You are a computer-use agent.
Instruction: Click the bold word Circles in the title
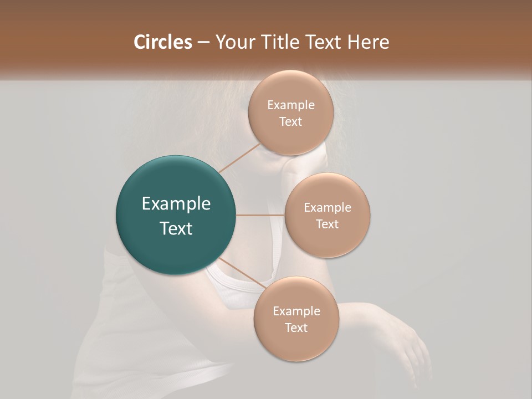(162, 42)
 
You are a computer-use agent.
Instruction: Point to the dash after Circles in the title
(203, 43)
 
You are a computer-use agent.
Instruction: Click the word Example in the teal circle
(176, 204)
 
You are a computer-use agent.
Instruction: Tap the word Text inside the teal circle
(176, 228)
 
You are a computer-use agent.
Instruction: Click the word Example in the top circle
(291, 105)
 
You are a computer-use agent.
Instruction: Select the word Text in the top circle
(291, 122)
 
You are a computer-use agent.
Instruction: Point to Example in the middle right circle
(328, 208)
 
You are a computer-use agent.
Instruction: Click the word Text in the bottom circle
(296, 328)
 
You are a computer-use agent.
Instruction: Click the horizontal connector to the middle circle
(260, 215)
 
